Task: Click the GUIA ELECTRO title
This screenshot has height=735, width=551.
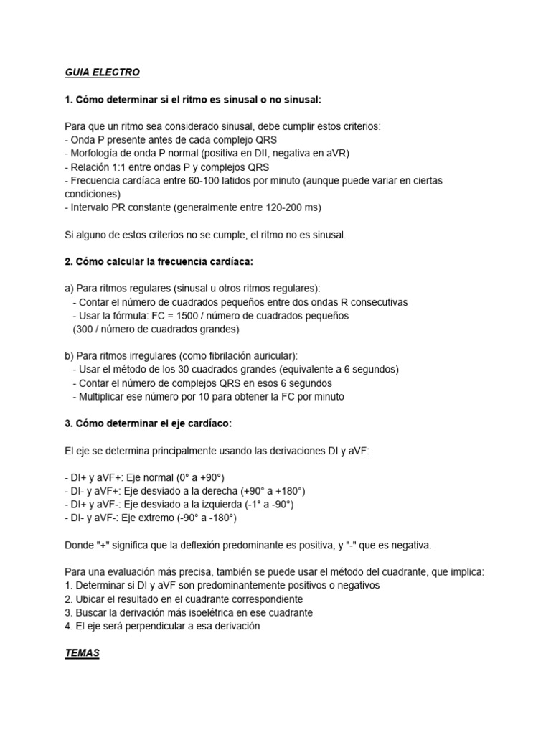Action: click(x=102, y=72)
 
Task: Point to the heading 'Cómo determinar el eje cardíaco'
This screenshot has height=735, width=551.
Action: click(x=149, y=423)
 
